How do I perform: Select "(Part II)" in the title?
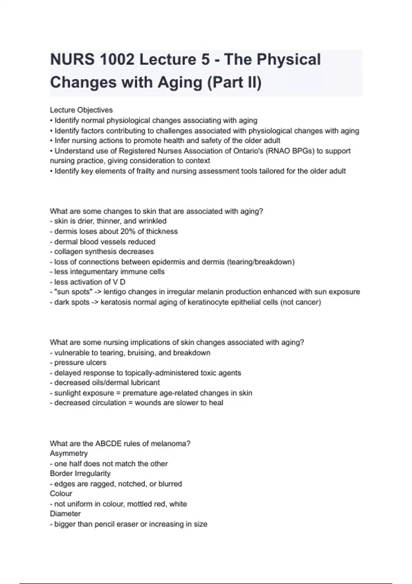coord(234,83)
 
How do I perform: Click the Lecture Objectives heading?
coord(81,110)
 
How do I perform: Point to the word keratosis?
coord(116,302)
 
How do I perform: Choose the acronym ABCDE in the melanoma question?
coord(108,443)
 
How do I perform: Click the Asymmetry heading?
coord(69,453)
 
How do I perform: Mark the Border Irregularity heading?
coord(80,473)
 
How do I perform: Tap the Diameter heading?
coord(65,514)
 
